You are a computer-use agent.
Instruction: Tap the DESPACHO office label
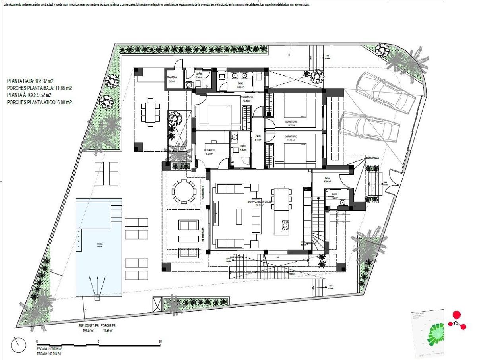point(209,151)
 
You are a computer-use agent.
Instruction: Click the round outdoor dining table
point(184,192)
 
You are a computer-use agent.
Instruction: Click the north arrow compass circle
point(18,345)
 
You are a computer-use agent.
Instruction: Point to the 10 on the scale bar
point(160,342)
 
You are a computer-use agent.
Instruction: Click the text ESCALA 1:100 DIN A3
point(50,349)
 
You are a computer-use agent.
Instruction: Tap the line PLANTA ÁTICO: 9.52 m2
point(29,95)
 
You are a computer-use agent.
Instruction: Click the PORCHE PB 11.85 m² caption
point(108,328)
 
